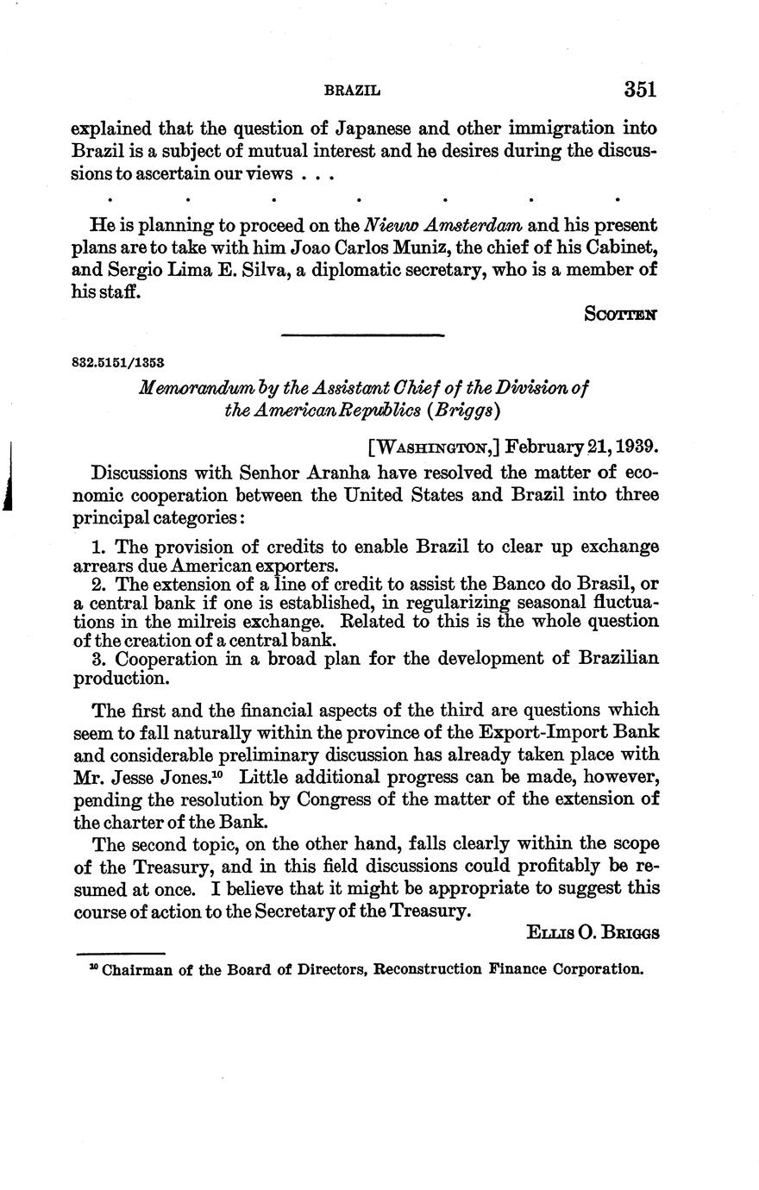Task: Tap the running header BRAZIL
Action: [x=352, y=91]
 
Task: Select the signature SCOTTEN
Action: [x=621, y=315]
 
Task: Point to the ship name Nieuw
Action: [x=392, y=226]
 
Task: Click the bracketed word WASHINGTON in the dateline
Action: [x=435, y=448]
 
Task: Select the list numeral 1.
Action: [x=97, y=547]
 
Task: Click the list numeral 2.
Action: [x=97, y=584]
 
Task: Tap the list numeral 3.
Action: [x=97, y=659]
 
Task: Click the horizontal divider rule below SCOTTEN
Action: [x=363, y=335]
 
